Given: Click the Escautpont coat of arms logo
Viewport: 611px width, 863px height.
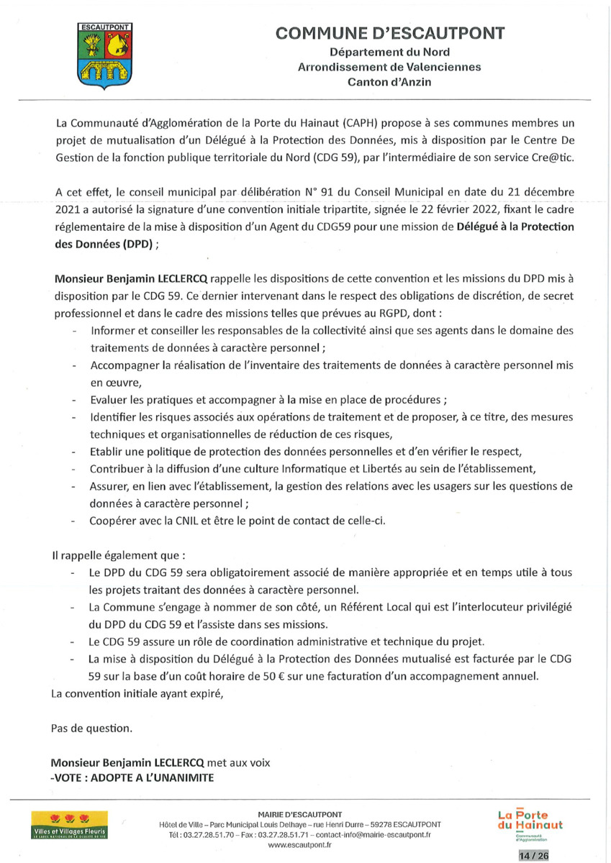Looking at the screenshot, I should [102, 57].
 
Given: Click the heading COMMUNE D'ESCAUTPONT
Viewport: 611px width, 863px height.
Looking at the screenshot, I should [390, 34].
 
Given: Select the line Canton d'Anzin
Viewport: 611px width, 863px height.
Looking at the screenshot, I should [389, 82].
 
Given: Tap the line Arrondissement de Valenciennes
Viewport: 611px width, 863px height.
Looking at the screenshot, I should [389, 67].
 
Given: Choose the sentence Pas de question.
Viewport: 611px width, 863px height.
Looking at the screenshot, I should [92, 728].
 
